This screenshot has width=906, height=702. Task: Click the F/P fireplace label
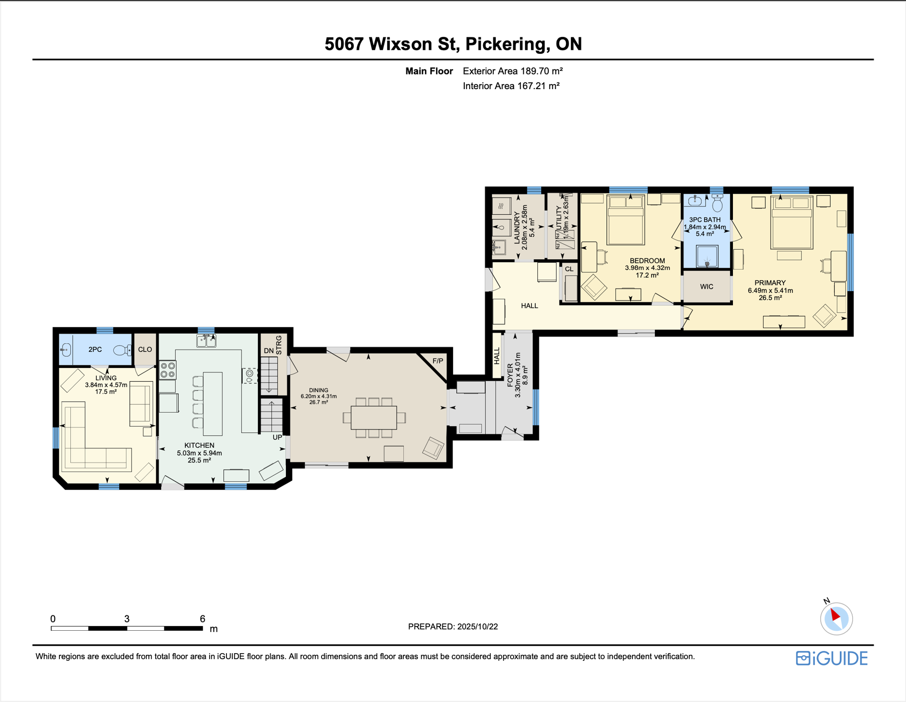pyautogui.click(x=437, y=361)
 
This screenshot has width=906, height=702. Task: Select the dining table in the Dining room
pyautogui.click(x=374, y=417)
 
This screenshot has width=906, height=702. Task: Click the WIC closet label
pyautogui.click(x=706, y=287)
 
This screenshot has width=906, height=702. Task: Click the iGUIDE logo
pyautogui.click(x=832, y=658)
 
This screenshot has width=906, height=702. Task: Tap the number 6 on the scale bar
pyautogui.click(x=202, y=619)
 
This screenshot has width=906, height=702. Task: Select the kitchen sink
pyautogui.click(x=206, y=340)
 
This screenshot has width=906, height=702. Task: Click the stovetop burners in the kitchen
pyautogui.click(x=168, y=370)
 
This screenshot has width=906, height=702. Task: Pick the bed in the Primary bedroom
pyautogui.click(x=792, y=223)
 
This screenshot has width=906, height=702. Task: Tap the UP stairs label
pyautogui.click(x=277, y=437)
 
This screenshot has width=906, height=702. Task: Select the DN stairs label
pyautogui.click(x=269, y=351)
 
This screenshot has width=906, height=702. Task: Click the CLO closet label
pyautogui.click(x=145, y=350)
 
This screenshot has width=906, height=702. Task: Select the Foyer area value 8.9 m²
pyautogui.click(x=525, y=375)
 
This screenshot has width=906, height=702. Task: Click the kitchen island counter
pyautogui.click(x=213, y=404)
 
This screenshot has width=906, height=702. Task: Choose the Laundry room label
pyautogui.click(x=517, y=228)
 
